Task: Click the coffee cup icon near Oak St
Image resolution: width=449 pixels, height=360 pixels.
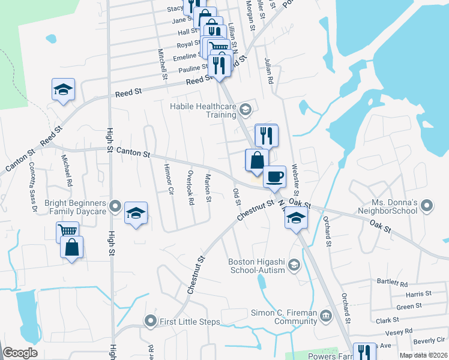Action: click(x=274, y=177)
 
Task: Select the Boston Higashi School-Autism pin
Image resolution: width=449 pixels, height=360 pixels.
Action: click(x=294, y=264)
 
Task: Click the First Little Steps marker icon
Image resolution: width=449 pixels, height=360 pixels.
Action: click(x=151, y=322)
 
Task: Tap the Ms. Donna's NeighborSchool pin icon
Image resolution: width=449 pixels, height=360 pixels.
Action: click(x=427, y=206)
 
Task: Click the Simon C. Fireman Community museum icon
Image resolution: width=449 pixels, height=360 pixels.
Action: click(x=325, y=315)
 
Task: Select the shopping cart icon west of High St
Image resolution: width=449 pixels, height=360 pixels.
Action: click(x=67, y=231)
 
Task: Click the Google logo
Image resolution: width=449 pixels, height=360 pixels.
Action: click(x=20, y=353)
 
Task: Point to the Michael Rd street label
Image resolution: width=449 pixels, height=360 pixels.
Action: click(x=67, y=170)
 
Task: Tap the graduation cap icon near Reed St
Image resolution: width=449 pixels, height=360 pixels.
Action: click(x=64, y=89)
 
